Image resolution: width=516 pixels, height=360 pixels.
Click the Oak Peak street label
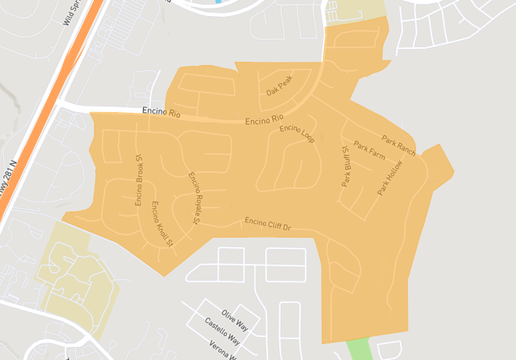279,86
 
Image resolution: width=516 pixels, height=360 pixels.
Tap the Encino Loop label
297,134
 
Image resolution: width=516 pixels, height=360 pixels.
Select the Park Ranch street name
398,145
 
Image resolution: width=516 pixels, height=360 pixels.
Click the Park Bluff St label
346,166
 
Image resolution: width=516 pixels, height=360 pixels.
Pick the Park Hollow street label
390,178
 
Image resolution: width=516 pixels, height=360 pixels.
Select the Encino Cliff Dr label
267,224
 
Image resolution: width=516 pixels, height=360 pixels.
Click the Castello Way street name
222,330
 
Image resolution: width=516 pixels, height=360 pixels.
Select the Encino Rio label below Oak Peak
265,120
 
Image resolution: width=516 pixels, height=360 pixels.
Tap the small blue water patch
218,2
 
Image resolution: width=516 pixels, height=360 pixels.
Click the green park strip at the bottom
361,350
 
